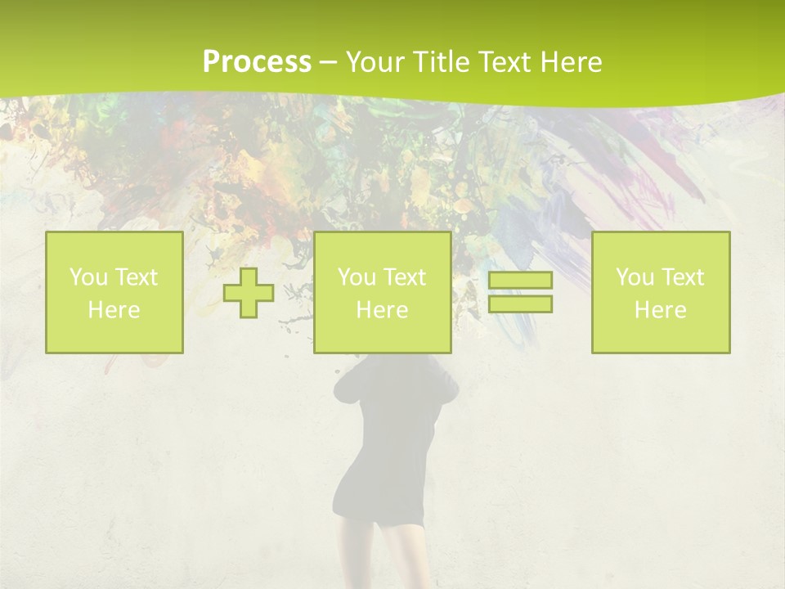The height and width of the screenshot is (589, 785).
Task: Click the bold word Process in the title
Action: click(257, 62)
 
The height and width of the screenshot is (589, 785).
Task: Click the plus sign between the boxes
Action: click(249, 292)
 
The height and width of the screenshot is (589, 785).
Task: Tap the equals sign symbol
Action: click(520, 292)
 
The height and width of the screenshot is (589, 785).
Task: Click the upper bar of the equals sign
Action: click(520, 281)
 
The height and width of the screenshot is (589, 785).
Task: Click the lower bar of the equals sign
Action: click(520, 303)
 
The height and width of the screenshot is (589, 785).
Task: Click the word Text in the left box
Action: click(136, 277)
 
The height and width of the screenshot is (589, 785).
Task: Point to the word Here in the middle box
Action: click(382, 310)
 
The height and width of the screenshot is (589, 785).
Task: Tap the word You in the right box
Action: click(635, 277)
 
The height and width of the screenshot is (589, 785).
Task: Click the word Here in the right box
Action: click(660, 310)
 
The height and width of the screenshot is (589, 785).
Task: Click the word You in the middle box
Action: click(357, 277)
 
